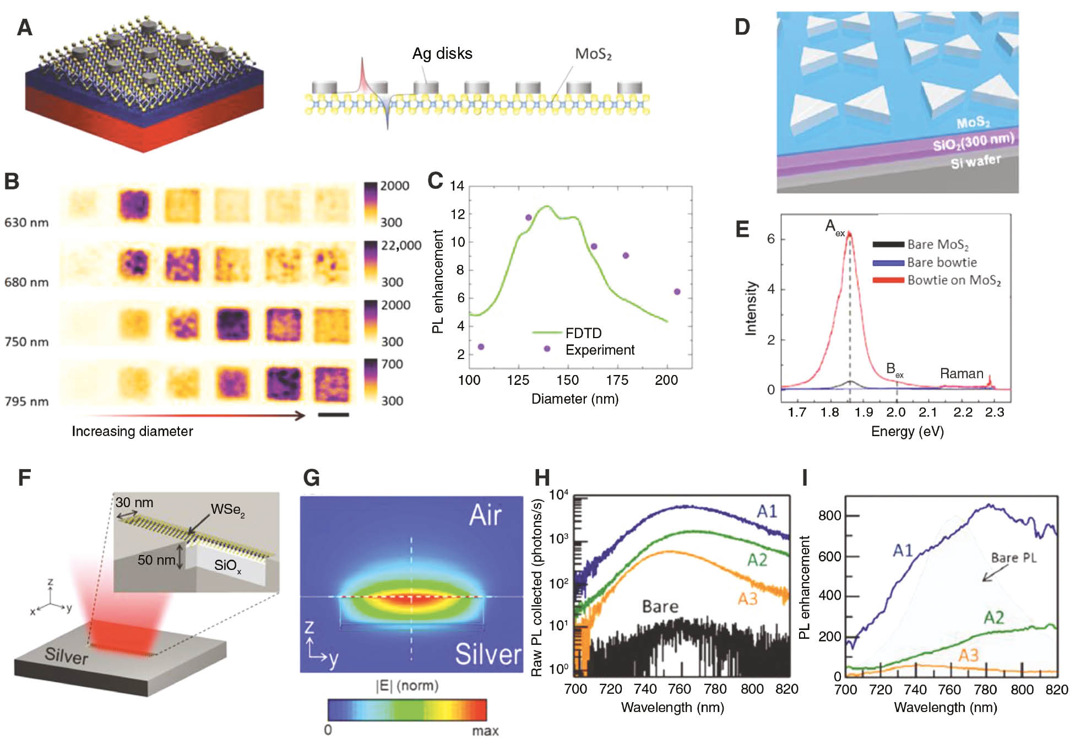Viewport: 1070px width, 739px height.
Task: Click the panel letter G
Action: (x=311, y=477)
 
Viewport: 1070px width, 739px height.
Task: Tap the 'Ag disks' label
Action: (x=442, y=53)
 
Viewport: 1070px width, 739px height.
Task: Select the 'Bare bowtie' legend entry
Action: (x=942, y=263)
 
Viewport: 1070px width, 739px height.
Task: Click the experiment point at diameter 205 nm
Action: (x=677, y=292)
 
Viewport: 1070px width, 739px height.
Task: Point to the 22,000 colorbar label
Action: (x=401, y=246)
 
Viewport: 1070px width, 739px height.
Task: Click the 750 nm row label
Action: (x=26, y=342)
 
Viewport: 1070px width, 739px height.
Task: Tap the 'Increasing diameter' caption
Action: (x=132, y=431)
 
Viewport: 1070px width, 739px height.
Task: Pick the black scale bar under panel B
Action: (x=334, y=414)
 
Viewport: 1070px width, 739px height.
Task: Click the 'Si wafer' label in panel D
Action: (x=975, y=161)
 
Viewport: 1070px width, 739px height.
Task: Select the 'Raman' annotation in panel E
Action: (x=962, y=373)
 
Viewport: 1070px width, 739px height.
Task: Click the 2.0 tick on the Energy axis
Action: (x=896, y=412)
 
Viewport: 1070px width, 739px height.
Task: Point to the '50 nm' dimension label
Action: (x=156, y=560)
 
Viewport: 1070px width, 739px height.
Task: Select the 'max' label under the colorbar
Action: (x=485, y=730)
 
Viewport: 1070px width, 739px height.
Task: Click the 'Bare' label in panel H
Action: (x=660, y=606)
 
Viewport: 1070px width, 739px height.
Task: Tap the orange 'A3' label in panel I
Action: (x=968, y=655)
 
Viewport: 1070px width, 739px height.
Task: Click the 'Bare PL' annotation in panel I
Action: (x=1013, y=558)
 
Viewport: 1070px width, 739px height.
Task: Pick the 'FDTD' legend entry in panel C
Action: (x=583, y=333)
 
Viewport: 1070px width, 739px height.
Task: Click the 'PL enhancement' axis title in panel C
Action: (x=438, y=281)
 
